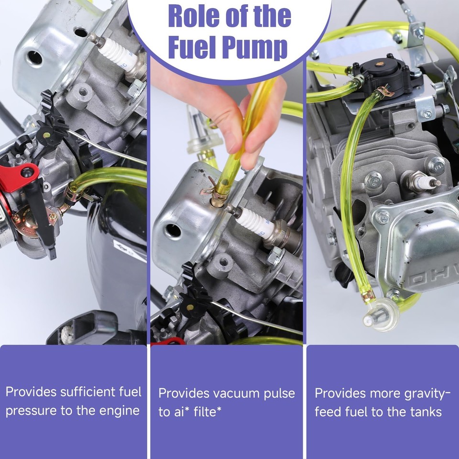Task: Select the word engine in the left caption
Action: [120, 411]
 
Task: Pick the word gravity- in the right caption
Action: [427, 394]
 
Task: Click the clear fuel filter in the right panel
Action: [381, 315]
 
